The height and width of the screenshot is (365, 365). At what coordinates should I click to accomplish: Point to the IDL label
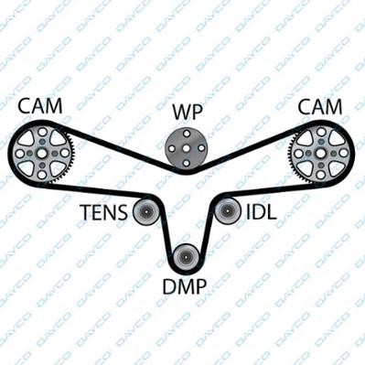(261, 214)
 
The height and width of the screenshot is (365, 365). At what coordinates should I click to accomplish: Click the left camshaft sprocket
(42, 152)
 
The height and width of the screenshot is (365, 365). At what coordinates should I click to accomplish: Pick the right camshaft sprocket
(320, 150)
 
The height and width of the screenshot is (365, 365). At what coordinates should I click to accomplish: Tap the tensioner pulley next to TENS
(145, 212)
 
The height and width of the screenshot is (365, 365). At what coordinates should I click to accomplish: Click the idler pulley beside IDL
(226, 212)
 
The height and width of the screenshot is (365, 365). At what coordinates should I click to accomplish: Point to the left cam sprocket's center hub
(42, 152)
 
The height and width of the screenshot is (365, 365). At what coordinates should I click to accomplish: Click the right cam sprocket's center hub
(320, 150)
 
